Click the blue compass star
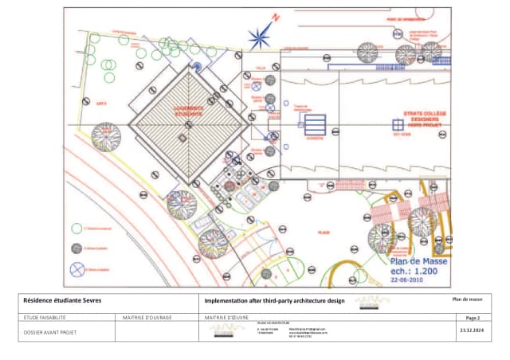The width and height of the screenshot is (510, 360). (x=260, y=37)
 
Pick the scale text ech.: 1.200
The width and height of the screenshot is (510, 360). (x=419, y=270)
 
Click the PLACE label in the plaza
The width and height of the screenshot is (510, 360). (x=324, y=233)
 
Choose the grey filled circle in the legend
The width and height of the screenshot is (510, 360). (x=77, y=248)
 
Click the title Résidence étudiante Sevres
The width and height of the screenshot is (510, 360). (x=69, y=300)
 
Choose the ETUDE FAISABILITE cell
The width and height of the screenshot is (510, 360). (x=44, y=318)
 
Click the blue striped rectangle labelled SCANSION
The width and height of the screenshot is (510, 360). (x=316, y=125)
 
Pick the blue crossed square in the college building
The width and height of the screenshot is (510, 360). (x=398, y=124)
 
